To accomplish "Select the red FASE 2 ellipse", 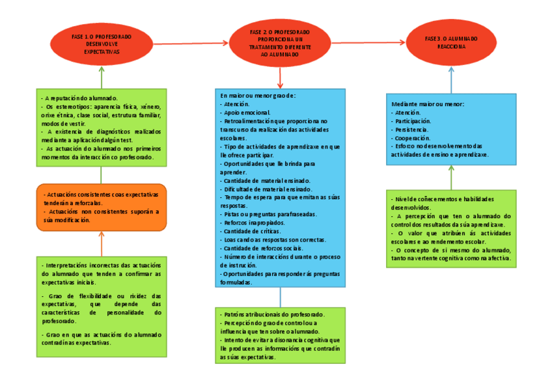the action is [280, 43].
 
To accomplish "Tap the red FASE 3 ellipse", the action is [451, 43].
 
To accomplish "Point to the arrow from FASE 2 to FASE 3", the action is [368, 43].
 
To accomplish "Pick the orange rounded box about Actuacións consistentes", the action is [102, 207].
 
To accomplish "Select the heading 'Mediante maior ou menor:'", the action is [428, 104].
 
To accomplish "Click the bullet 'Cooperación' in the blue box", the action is [411, 138].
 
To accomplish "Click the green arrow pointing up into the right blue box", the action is [451, 177].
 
